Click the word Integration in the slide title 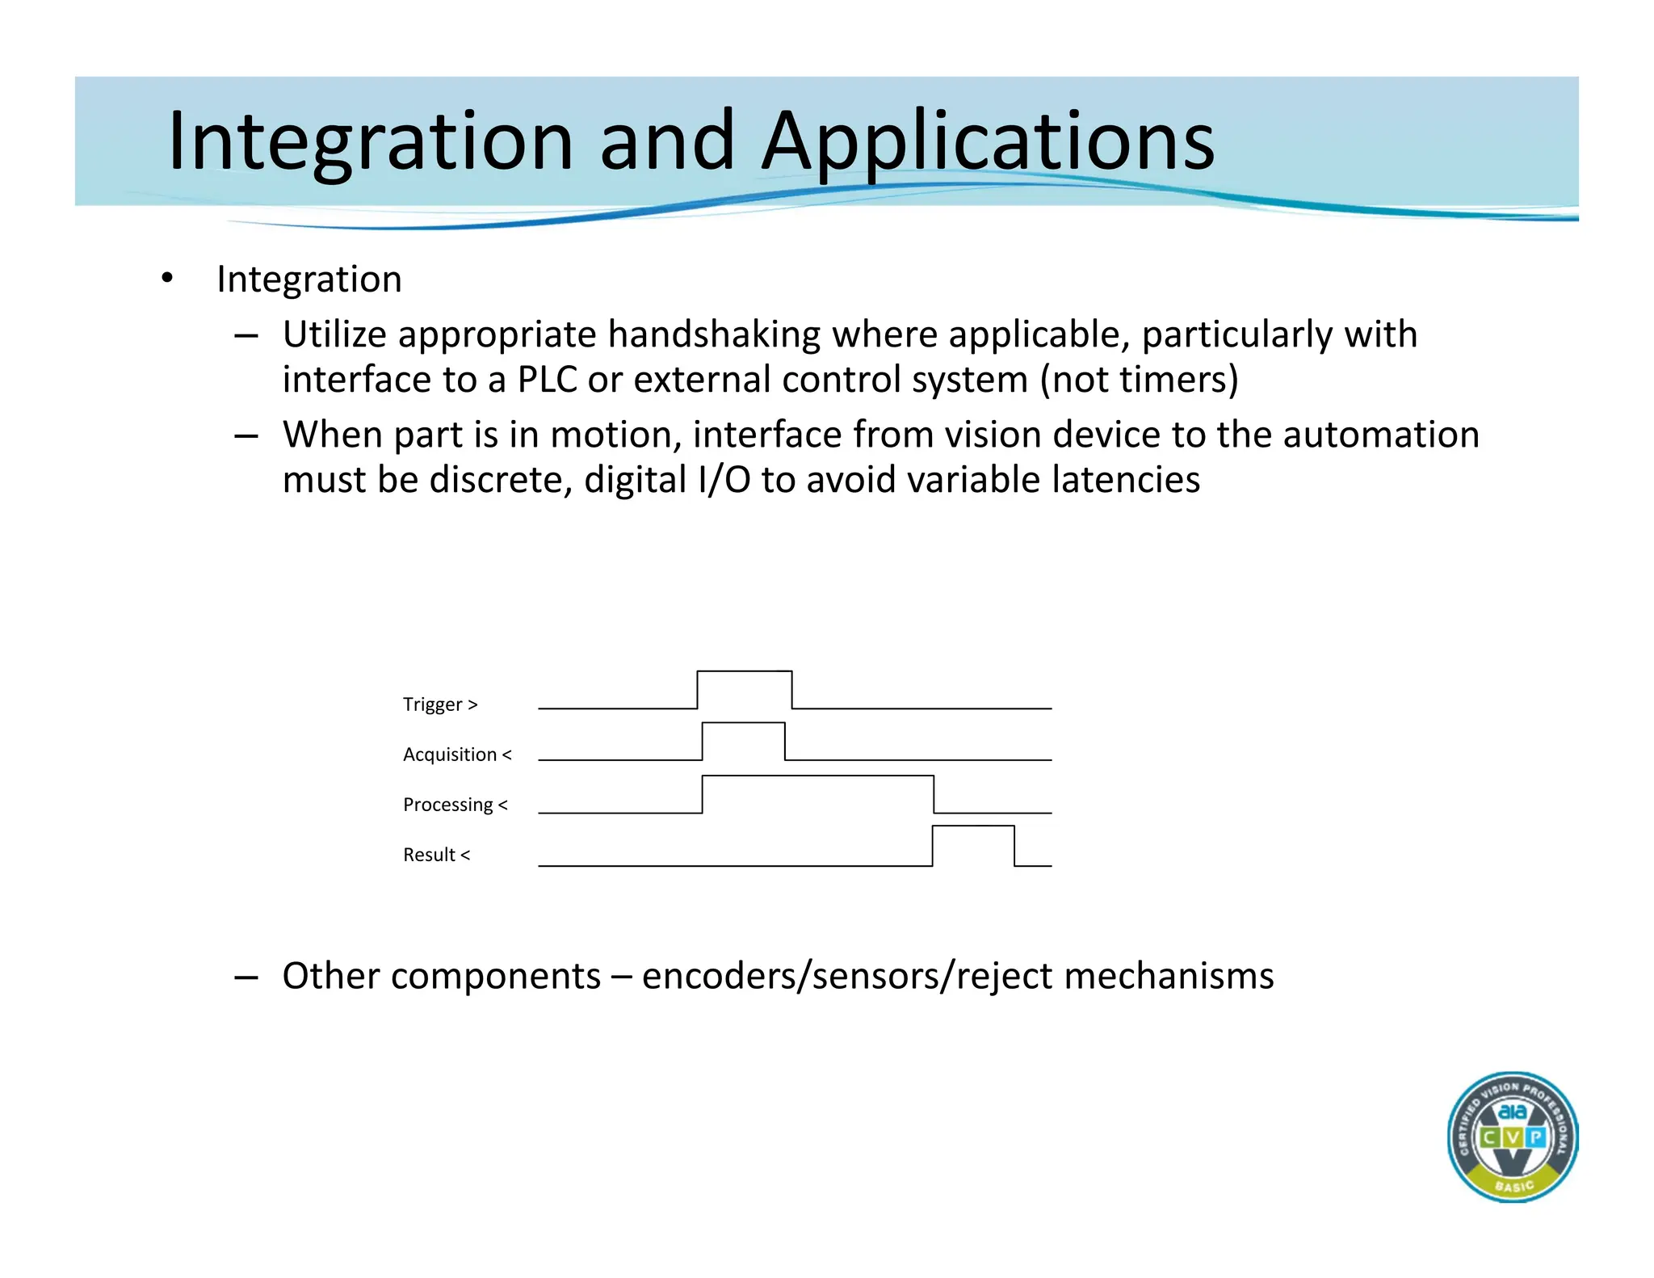[371, 142]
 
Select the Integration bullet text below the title [309, 280]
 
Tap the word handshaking [714, 334]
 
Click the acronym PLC [547, 380]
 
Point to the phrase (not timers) [1139, 380]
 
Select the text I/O [724, 480]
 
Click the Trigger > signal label [440, 704]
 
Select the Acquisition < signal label [457, 755]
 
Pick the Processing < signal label [455, 805]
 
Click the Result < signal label [436, 855]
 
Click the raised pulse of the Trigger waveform [744, 688]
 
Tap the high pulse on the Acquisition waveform [743, 739]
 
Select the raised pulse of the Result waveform [972, 843]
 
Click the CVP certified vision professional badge [1512, 1137]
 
